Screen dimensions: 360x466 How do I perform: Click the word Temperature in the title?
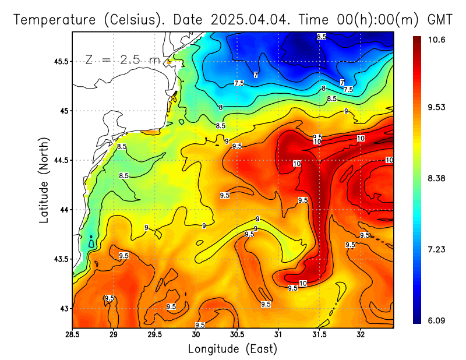(x=52, y=20)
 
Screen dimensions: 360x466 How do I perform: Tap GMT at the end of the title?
(x=440, y=20)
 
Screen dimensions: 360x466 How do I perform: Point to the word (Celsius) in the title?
(x=130, y=20)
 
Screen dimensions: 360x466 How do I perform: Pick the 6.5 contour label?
(x=322, y=37)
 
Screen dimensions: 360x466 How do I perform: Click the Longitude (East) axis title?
(x=232, y=349)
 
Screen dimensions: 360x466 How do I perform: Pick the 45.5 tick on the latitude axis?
(x=60, y=61)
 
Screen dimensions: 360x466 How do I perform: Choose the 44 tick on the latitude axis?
(x=64, y=210)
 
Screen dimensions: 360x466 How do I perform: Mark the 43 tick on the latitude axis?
(x=64, y=308)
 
